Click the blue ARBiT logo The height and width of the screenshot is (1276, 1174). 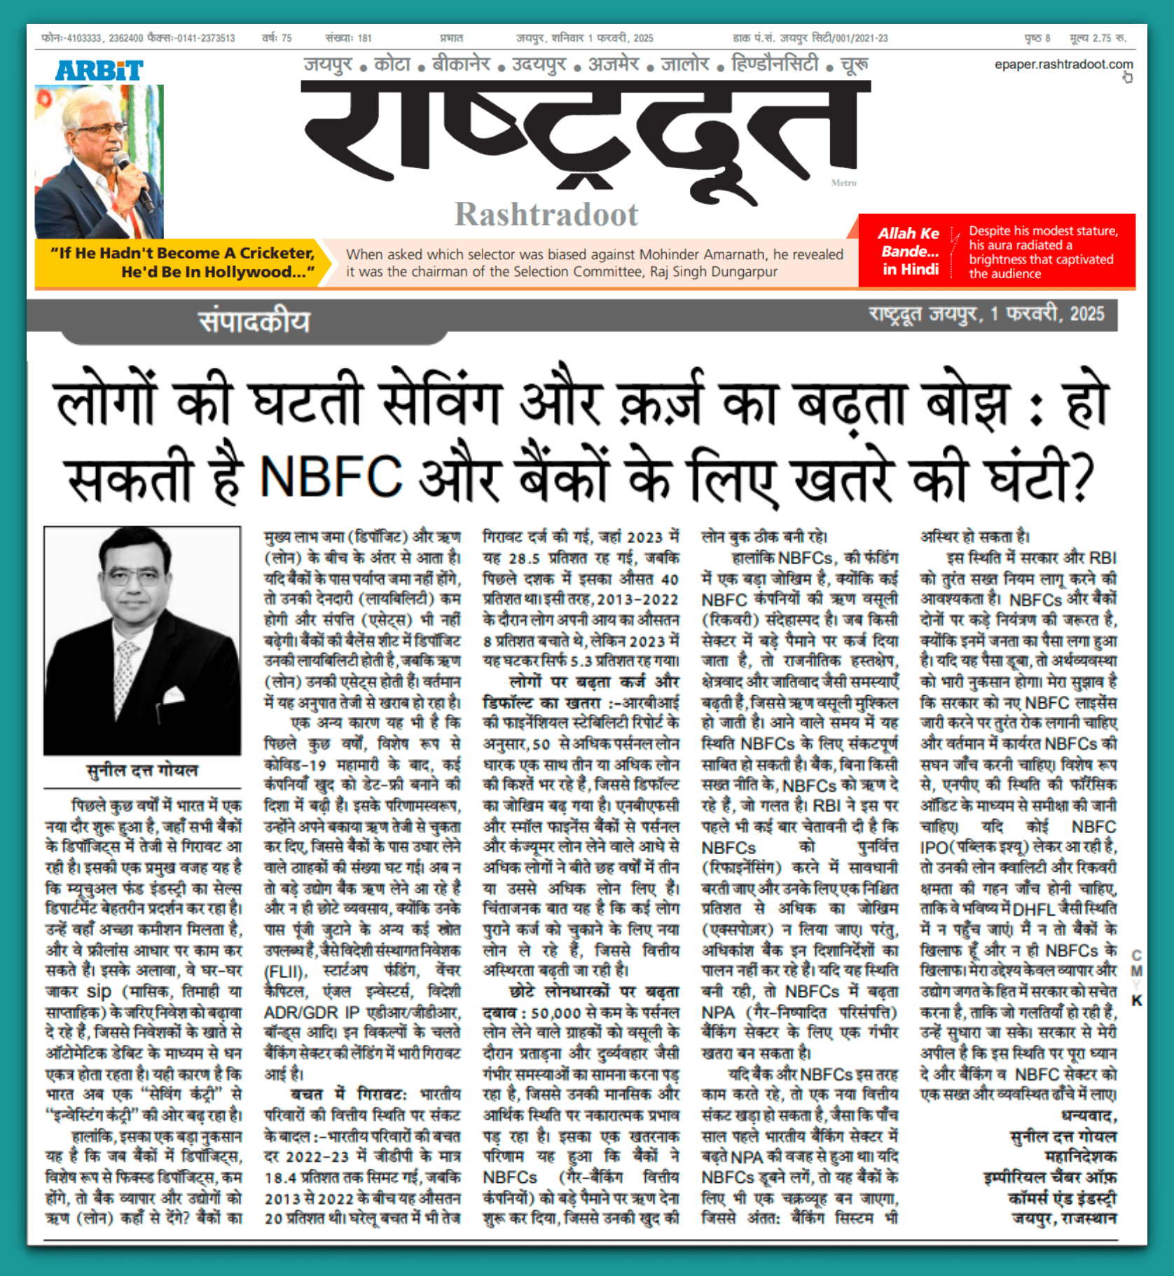pos(99,70)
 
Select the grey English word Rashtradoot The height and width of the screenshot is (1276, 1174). pos(546,214)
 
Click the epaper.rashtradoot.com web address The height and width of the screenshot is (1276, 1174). pos(1063,64)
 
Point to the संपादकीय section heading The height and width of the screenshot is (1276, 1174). pos(254,322)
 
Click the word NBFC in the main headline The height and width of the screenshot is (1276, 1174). pos(331,476)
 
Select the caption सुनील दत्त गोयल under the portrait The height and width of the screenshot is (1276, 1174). pos(142,770)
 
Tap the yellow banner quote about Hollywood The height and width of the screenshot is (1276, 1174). pos(182,262)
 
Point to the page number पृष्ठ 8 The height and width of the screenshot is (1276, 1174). pos(1037,38)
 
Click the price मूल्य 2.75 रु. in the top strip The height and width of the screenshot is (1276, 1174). pos(1098,38)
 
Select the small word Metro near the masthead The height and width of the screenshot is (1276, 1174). pos(843,183)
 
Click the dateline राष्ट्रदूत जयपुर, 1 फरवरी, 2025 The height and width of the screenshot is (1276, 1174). pos(986,314)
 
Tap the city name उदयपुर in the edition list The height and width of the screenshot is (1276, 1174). pos(539,64)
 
